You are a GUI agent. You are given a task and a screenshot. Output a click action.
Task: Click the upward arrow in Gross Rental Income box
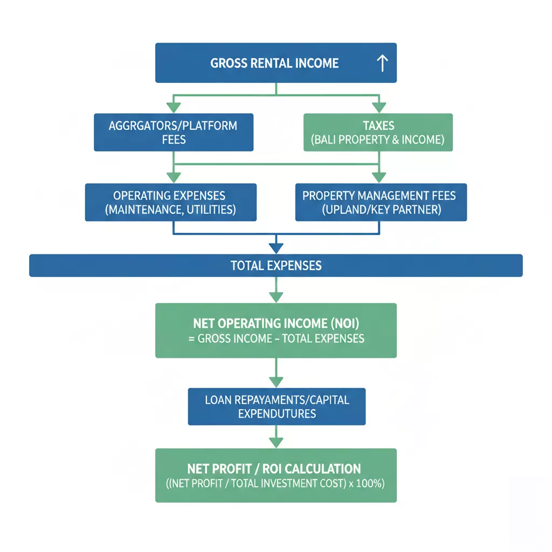(382, 64)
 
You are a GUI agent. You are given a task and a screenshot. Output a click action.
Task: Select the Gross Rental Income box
(276, 63)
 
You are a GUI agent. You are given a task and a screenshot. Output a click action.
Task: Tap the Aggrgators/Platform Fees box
(174, 133)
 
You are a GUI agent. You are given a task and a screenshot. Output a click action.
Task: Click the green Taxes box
(378, 133)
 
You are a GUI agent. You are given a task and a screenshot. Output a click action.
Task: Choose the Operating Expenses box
(171, 203)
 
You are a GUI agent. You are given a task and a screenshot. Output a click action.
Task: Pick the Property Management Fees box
(381, 203)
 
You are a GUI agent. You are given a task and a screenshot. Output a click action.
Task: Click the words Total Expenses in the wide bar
(276, 265)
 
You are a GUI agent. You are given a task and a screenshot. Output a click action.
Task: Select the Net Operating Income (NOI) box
(276, 330)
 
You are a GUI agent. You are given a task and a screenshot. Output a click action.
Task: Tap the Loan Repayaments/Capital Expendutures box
(277, 406)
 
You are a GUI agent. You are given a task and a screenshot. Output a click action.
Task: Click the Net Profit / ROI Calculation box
(276, 475)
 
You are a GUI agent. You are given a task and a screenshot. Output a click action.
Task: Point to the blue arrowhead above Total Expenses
(276, 248)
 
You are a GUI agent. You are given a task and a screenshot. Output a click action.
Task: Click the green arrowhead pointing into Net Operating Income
(276, 298)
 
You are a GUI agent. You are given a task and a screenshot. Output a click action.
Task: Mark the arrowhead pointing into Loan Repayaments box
(276, 382)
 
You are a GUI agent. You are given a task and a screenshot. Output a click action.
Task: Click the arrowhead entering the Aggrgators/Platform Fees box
(174, 108)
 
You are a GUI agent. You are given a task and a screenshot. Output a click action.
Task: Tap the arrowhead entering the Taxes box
(379, 108)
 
